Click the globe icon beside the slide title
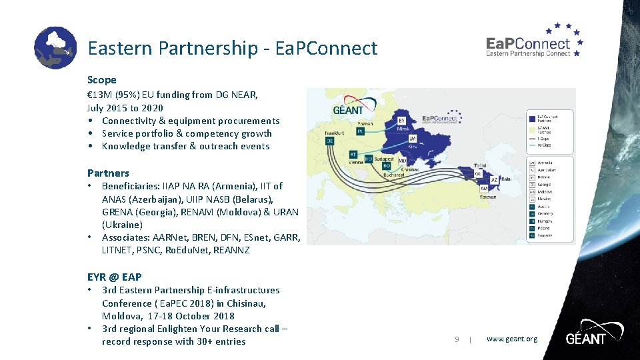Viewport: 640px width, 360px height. coord(55,48)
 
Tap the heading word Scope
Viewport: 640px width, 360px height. coord(102,80)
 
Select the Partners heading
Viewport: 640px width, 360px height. coord(108,173)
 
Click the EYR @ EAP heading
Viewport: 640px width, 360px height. coord(114,277)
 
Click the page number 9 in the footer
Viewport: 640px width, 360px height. coord(457,339)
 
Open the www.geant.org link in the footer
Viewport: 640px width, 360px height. coord(511,339)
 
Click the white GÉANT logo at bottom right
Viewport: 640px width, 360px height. coord(585,338)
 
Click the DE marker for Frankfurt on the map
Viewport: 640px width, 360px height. coord(329,141)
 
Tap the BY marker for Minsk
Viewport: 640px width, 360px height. coord(401,121)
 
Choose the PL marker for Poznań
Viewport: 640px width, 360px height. coord(361,131)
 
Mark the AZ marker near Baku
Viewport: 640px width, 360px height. coord(495,180)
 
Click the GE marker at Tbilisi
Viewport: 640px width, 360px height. coord(478,173)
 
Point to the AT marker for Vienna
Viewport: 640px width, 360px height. coord(353,154)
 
